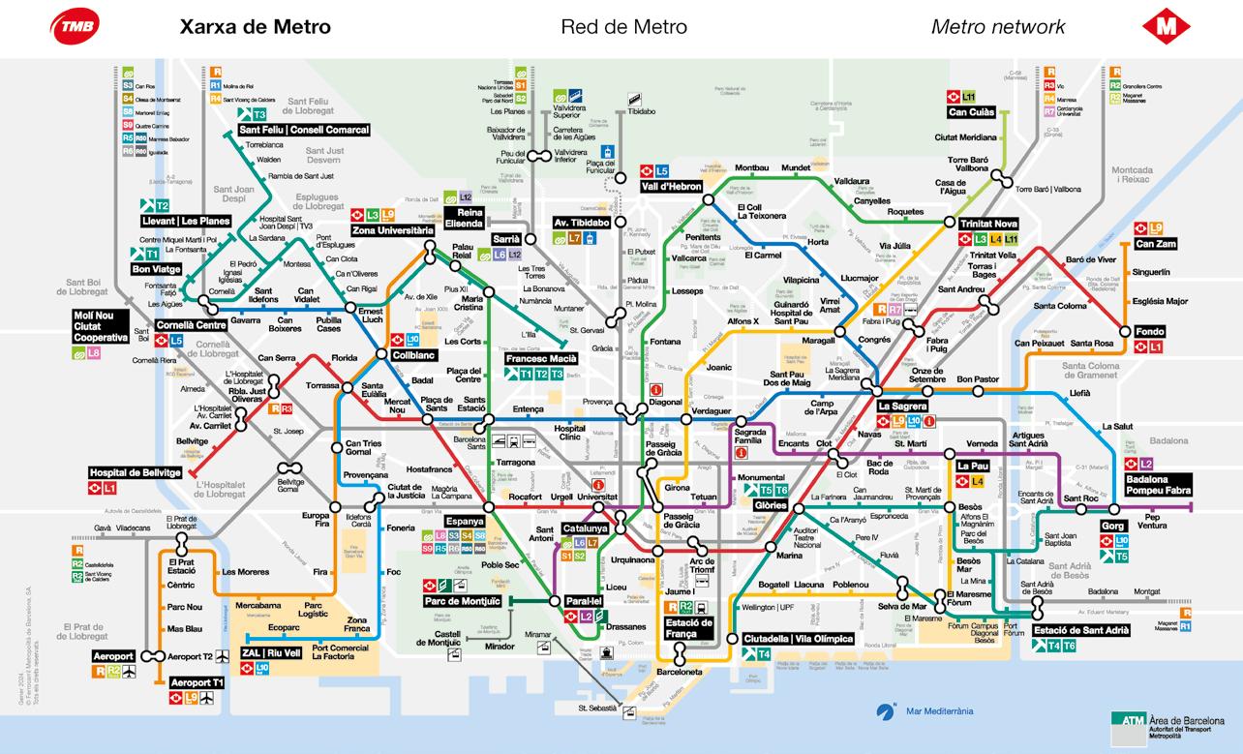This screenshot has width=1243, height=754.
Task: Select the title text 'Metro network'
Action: click(x=998, y=27)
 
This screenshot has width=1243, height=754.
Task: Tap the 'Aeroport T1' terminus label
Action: click(x=197, y=682)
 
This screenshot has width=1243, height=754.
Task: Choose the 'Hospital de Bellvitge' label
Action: click(x=135, y=472)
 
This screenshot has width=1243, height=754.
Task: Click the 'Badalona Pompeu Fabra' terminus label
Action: click(x=1158, y=485)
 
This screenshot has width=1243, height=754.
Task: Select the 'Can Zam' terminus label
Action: click(x=1155, y=243)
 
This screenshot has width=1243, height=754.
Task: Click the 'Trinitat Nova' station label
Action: click(x=988, y=224)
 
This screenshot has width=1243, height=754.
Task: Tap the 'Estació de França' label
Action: click(x=689, y=628)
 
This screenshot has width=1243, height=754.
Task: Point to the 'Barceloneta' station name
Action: click(x=679, y=671)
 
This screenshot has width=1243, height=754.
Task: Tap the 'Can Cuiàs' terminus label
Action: click(x=971, y=112)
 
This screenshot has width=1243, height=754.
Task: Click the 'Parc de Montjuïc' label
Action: click(x=461, y=601)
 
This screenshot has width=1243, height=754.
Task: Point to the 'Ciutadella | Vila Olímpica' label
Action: click(x=798, y=639)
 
